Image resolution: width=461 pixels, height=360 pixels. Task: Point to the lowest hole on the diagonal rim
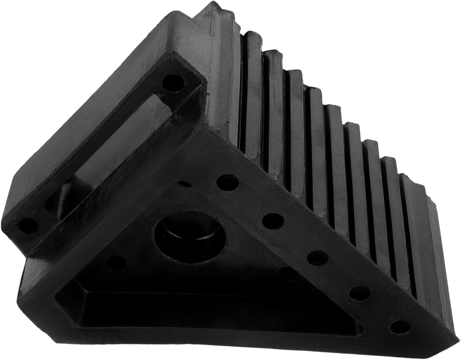click(x=400, y=327)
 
